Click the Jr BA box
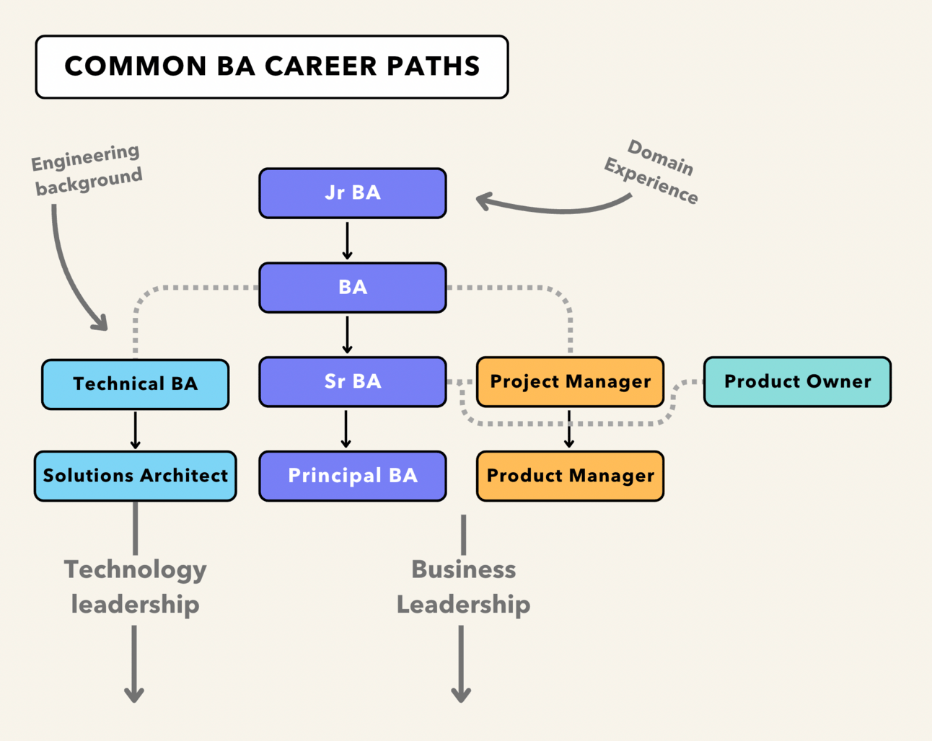pos(353,193)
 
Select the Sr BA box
pos(353,381)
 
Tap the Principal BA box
pos(353,476)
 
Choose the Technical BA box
pos(136,384)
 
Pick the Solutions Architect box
pos(136,476)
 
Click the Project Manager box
pos(570,381)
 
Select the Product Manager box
pos(570,476)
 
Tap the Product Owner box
pos(797,381)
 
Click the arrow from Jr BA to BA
pos(347,240)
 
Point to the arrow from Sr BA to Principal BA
pos(346,429)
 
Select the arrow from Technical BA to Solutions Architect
pos(136,430)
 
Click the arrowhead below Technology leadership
pos(134,694)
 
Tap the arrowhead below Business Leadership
pos(461,694)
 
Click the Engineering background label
pos(87,169)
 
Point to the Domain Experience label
pos(652,172)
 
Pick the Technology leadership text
pos(136,587)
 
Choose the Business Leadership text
pos(463,587)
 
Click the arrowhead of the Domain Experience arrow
pos(483,201)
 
